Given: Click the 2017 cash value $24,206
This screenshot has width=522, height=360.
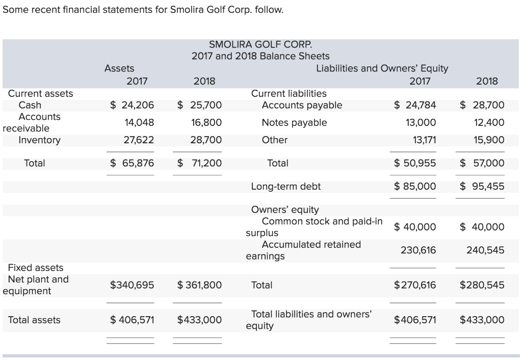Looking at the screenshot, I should (x=132, y=105).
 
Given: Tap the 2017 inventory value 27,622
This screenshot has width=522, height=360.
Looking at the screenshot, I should (x=139, y=140).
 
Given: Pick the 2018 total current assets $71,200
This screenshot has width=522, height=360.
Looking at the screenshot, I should (x=199, y=163).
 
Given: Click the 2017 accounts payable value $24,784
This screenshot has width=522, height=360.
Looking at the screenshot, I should (x=415, y=105).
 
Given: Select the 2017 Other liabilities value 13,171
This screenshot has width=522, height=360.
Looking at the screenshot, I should (x=423, y=140).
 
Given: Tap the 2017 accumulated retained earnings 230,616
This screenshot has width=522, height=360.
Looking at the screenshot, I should (x=420, y=250).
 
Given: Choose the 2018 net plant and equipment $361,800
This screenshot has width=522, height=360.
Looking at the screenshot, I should (x=199, y=285).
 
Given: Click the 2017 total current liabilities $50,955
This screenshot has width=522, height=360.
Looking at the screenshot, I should (x=415, y=163).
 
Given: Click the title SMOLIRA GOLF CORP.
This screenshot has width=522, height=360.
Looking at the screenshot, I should (x=260, y=44).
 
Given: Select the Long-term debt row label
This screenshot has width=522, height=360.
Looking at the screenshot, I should (x=286, y=186).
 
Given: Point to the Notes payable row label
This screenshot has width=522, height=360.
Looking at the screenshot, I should (x=294, y=122).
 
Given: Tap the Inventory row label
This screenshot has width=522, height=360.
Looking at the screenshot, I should (x=39, y=140).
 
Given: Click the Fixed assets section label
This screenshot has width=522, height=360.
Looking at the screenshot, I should (x=36, y=268).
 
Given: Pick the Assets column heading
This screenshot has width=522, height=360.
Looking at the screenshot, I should (x=119, y=68).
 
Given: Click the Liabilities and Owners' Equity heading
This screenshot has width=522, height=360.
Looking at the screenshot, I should (x=382, y=68).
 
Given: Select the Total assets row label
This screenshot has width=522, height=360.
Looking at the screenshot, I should (x=34, y=320).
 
